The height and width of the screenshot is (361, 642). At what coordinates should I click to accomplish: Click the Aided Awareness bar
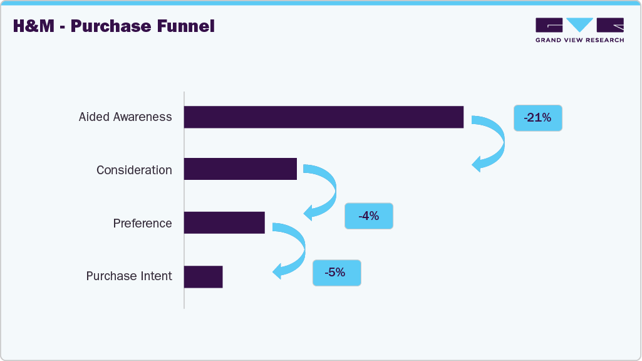(x=323, y=117)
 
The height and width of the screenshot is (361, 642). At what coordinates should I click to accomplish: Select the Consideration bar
(x=240, y=169)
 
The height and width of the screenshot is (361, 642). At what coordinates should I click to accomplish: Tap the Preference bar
(x=224, y=222)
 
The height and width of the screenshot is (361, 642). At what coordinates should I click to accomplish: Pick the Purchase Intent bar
(x=203, y=276)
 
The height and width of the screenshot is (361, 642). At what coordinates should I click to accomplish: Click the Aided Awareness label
(x=125, y=117)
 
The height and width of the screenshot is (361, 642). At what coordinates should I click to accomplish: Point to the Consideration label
(x=134, y=170)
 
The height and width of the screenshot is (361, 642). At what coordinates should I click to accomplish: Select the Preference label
(x=142, y=224)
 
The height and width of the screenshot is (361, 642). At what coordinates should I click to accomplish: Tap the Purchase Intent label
(x=129, y=276)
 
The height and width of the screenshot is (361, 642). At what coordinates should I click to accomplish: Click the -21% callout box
(x=537, y=118)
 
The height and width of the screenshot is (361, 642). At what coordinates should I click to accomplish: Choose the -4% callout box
(x=368, y=216)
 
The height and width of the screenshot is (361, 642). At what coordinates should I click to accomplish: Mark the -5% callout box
(x=336, y=273)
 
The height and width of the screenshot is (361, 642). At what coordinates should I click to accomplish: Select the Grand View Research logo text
(x=579, y=40)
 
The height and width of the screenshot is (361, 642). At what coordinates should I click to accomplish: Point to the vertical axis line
(x=184, y=201)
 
